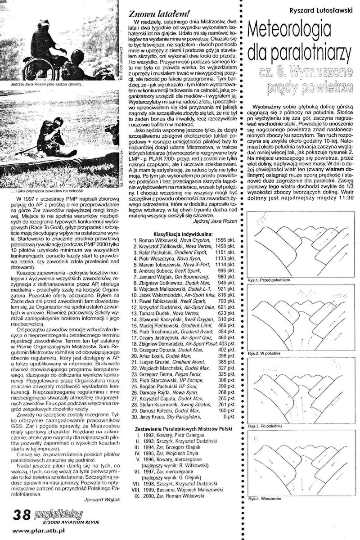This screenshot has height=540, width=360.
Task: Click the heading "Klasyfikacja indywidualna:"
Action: (x=181, y=234)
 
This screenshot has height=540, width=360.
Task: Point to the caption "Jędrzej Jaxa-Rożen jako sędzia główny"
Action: (x=45, y=84)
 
